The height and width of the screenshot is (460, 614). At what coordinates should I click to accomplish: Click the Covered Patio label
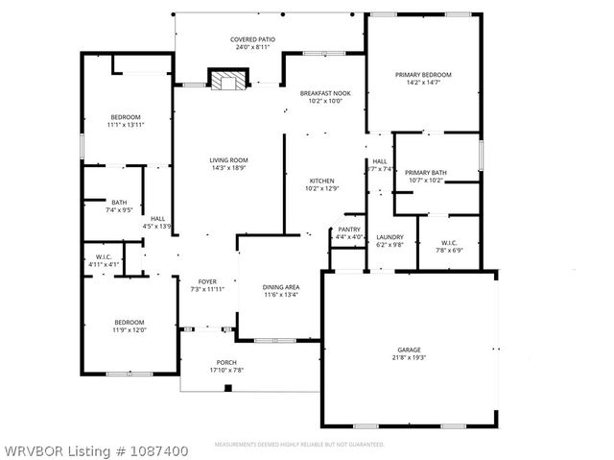(x=250, y=39)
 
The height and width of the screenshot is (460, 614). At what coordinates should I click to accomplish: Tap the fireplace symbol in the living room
(x=228, y=81)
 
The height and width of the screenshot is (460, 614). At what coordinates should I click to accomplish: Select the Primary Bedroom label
(x=423, y=75)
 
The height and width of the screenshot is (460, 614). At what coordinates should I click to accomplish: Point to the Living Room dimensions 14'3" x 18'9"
(x=229, y=169)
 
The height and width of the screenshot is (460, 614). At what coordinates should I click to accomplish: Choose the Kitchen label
(x=321, y=181)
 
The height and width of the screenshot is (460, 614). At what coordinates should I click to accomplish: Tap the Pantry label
(x=348, y=230)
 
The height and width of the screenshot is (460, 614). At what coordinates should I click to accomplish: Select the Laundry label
(x=390, y=236)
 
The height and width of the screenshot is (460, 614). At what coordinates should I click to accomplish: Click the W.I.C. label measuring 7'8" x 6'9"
(x=451, y=242)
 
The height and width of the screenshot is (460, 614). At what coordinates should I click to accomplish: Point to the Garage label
(x=410, y=350)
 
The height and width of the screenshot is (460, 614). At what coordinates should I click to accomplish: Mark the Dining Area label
(x=281, y=287)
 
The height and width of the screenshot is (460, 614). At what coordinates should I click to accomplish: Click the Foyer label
(x=207, y=281)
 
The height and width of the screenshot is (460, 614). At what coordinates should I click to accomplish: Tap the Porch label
(x=226, y=362)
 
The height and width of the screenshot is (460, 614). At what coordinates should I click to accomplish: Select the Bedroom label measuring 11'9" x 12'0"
(x=130, y=322)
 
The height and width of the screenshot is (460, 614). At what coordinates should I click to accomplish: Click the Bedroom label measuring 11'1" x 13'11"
(x=124, y=117)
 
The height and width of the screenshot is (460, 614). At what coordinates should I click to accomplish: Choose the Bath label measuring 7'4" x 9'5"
(x=119, y=203)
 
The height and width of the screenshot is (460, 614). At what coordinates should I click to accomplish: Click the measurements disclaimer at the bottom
(x=298, y=446)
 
